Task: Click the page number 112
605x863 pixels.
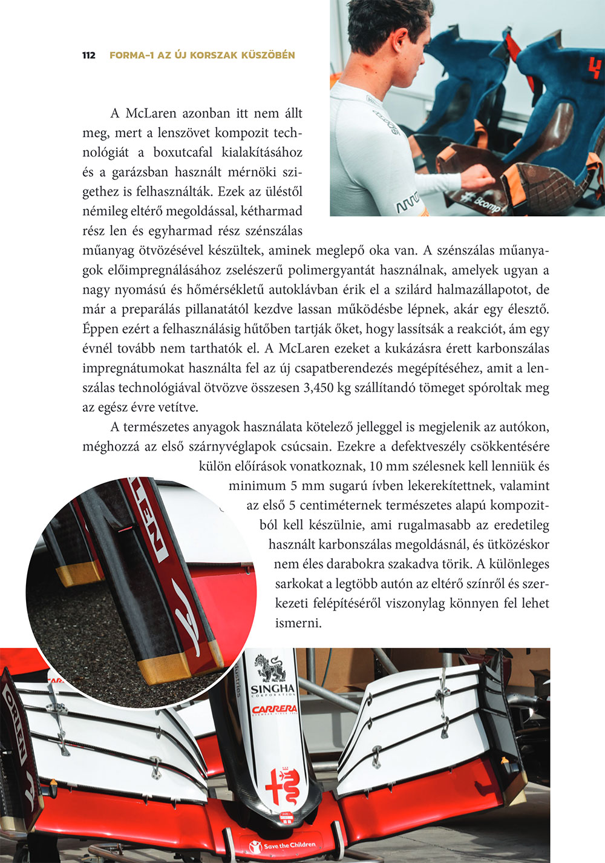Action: [x=88, y=55]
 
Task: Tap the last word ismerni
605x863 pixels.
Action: [x=298, y=623]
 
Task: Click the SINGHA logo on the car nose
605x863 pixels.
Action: [x=273, y=689]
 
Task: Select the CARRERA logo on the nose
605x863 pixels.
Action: [x=274, y=709]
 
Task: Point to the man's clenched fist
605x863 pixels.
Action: [x=479, y=176]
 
